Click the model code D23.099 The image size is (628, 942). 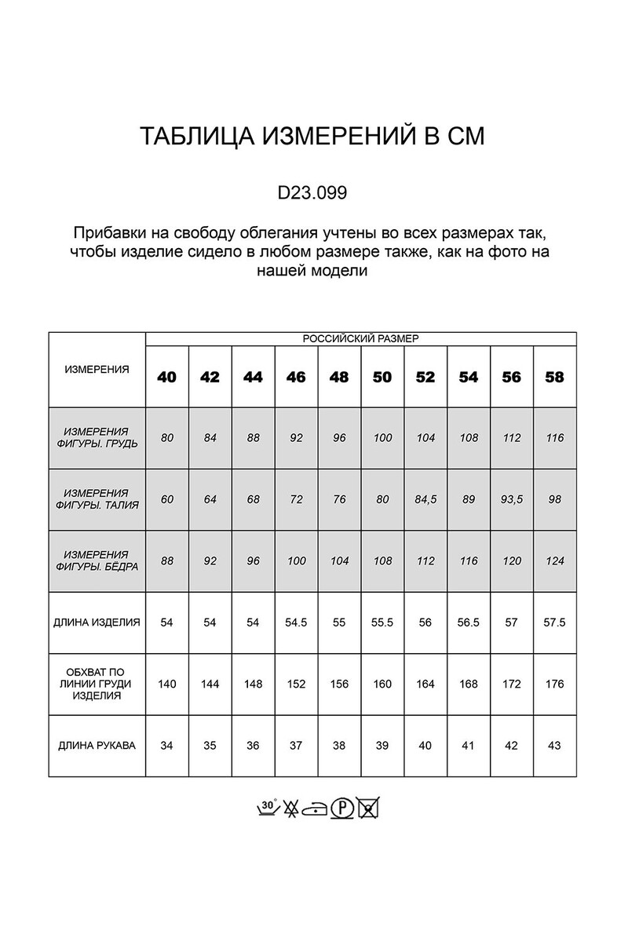point(313,192)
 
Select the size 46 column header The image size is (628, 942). point(296,377)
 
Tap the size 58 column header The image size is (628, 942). point(554,377)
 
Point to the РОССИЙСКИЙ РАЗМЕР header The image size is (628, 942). point(361,339)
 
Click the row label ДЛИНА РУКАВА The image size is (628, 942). point(97,746)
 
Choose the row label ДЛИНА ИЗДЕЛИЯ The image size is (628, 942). point(97,623)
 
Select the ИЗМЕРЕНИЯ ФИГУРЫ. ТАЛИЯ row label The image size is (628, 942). point(97,499)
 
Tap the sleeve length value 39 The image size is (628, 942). point(382,746)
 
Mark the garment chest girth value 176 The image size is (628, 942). point(554,684)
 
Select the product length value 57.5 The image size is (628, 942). point(554,623)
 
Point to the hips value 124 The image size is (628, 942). point(554,561)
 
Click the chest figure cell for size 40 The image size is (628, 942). point(167,438)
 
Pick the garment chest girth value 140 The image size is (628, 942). point(167,684)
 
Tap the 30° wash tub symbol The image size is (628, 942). point(268,807)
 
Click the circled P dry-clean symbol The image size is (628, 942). point(340,807)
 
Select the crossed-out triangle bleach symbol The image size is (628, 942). point(291,807)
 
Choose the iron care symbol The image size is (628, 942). point(316,808)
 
